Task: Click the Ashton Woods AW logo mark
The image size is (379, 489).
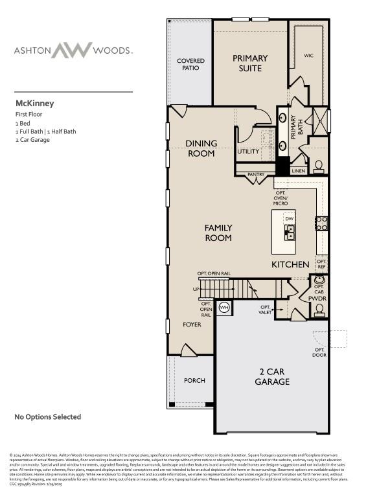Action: [x=73, y=50]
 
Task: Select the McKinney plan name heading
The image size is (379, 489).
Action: [x=34, y=103]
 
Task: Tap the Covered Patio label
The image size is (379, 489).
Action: [x=190, y=64]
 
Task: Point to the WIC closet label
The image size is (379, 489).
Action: [x=308, y=56]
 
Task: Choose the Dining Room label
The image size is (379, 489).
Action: [x=201, y=148]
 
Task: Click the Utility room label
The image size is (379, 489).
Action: [x=247, y=152]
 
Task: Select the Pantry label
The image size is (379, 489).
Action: [x=256, y=174]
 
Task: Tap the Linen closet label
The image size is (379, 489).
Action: [x=298, y=171]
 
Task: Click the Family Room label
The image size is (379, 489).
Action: [x=218, y=233]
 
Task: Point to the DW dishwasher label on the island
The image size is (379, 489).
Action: [x=289, y=219]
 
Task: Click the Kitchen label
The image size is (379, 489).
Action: [x=290, y=265]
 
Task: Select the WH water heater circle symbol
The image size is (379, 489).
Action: [x=224, y=307]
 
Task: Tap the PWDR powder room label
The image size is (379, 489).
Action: [x=317, y=299]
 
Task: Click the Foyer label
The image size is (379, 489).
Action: [x=192, y=324]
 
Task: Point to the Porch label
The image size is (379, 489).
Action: [x=194, y=380]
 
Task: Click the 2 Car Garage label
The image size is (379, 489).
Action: [x=271, y=377]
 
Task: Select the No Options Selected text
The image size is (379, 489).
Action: [x=48, y=417]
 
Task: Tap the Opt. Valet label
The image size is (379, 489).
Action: [x=266, y=310]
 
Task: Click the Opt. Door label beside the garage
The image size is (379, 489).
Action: [x=319, y=352]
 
